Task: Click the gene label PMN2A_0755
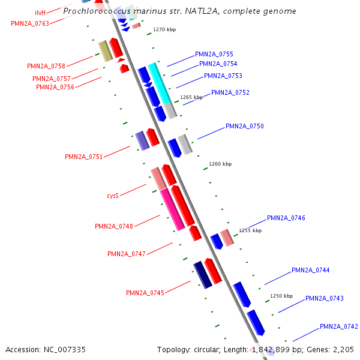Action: [x=214, y=54]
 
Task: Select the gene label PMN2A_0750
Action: [x=244, y=126]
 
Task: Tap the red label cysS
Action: [x=113, y=196]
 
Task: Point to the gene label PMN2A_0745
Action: [x=145, y=293]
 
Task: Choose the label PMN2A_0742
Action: [x=338, y=326]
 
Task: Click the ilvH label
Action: [x=40, y=13]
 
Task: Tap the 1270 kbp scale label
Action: [x=164, y=29]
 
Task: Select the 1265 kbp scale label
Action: [x=191, y=97]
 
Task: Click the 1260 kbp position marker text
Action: [x=220, y=164]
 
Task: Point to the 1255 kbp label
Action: [x=250, y=230]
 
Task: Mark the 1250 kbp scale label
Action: [x=281, y=296]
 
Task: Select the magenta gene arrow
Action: [x=172, y=209]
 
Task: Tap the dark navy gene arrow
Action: [x=202, y=275]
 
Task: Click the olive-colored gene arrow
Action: [x=106, y=51]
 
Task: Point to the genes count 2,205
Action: [x=343, y=349]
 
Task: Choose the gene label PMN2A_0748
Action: [x=114, y=226]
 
